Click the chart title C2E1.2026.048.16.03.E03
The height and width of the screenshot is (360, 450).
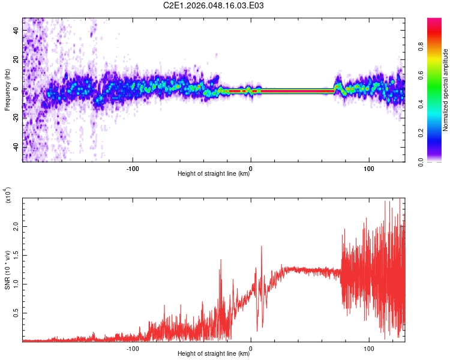coord(214,5)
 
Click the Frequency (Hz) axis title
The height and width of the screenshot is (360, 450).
coord(7,89)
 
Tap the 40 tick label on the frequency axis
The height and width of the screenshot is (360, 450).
coord(16,31)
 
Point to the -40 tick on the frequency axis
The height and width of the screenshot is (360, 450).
coord(16,148)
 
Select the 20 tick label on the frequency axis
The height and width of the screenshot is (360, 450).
coord(16,60)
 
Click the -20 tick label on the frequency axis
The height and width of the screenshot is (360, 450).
coord(16,118)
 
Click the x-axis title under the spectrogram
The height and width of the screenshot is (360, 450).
coord(214,174)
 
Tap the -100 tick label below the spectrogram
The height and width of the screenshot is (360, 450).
coord(133,167)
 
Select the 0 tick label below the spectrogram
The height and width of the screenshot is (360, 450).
coord(251,167)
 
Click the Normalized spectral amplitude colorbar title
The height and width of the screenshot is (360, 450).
coord(445,90)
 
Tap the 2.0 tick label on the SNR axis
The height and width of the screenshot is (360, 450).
coord(16,227)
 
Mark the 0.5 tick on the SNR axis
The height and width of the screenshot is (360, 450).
coord(16,313)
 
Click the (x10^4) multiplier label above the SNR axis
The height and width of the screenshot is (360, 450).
coord(8,195)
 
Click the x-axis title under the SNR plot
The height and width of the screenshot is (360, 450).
coord(214,354)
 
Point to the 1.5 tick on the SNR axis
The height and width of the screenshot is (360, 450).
coord(16,256)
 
